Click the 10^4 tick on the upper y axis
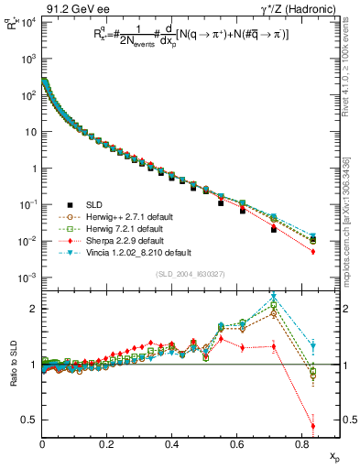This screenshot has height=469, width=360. pyautogui.click(x=27, y=22)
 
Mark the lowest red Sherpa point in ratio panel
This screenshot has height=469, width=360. pyautogui.click(x=313, y=425)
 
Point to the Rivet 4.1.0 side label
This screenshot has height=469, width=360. pyautogui.click(x=353, y=64)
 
